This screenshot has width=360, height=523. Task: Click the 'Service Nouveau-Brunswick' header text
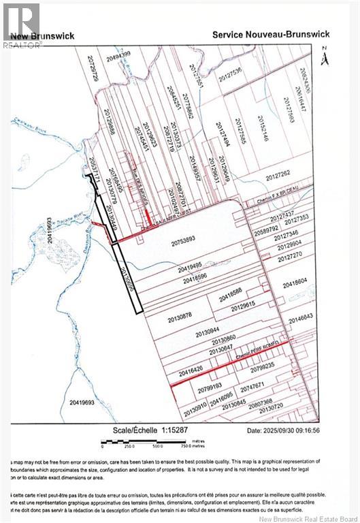[x=271, y=34]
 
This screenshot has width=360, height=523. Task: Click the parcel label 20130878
[x=181, y=315]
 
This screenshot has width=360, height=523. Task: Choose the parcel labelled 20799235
[x=262, y=366]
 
